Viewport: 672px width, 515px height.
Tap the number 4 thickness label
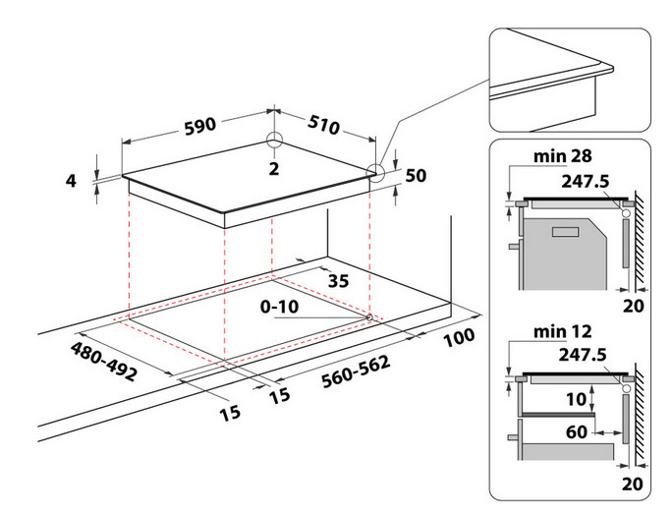coord(71,180)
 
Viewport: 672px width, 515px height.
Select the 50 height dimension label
coord(415,176)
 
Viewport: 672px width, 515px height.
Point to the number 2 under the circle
coord(274,168)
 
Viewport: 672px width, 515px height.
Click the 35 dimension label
coord(339,281)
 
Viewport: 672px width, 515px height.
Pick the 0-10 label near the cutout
coord(280,307)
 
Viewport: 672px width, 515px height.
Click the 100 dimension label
coord(458,336)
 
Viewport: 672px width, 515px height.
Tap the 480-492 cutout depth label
coord(103,361)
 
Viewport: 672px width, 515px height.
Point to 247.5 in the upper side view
coord(588,181)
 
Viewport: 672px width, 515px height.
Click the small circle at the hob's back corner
coord(274,139)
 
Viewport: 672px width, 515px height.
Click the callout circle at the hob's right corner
coord(377,173)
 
